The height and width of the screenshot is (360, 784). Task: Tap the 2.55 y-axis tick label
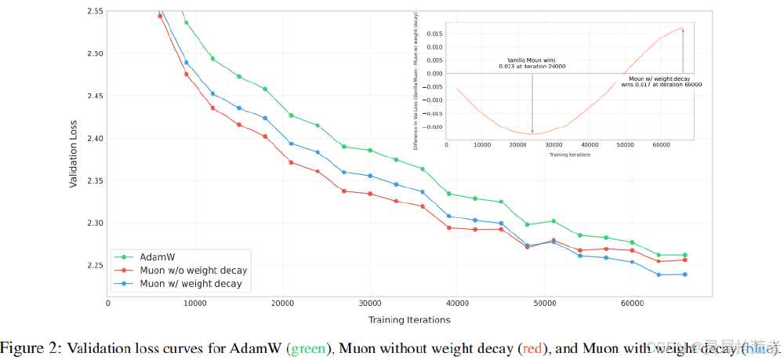(92, 12)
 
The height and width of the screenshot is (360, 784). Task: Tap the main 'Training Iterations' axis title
(409, 319)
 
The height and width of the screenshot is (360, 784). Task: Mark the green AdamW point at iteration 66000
(684, 255)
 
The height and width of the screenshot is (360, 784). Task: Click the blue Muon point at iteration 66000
(684, 275)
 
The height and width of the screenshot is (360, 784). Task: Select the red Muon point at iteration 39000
(448, 227)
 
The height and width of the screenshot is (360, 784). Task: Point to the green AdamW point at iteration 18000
(265, 89)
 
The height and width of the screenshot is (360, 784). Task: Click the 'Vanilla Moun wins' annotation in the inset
(532, 63)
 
